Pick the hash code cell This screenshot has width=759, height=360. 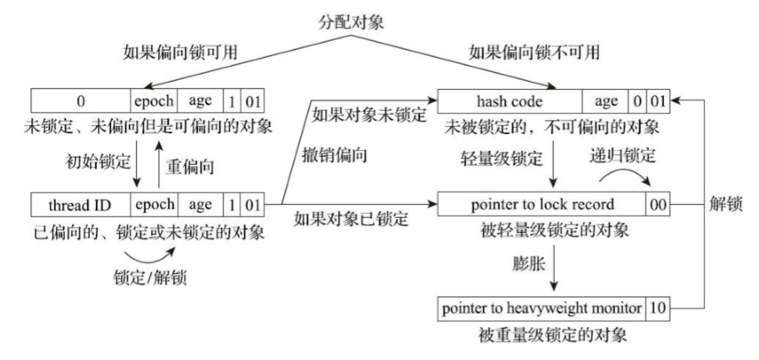[508, 100]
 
